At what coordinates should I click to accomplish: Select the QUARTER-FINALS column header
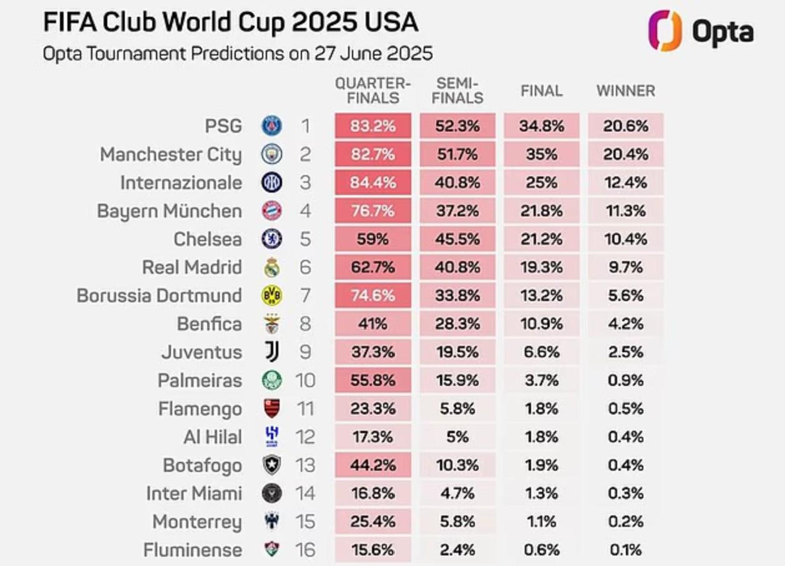point(373,90)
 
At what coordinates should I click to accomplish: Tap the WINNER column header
point(625,91)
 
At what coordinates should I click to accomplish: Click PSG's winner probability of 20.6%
point(625,126)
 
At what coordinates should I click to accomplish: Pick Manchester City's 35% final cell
point(541,155)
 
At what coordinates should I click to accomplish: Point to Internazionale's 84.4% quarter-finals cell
point(373,183)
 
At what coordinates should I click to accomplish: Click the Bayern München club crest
point(271,211)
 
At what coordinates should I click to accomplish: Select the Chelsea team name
point(207,239)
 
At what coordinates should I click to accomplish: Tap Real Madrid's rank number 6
point(305,267)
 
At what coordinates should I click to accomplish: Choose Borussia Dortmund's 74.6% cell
point(373,295)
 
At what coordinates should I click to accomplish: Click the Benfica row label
point(209,324)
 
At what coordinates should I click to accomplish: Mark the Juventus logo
point(271,352)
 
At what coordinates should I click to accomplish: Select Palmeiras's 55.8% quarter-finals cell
point(373,380)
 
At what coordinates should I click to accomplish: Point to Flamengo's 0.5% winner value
point(625,409)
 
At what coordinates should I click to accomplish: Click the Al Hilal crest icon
point(271,437)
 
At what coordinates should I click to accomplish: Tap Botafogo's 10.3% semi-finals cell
point(457,465)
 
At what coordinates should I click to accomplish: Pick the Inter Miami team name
point(193,494)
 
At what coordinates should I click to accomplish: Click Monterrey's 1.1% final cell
point(541,522)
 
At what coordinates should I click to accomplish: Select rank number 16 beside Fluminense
point(305,550)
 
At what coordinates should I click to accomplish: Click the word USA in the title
point(389,22)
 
